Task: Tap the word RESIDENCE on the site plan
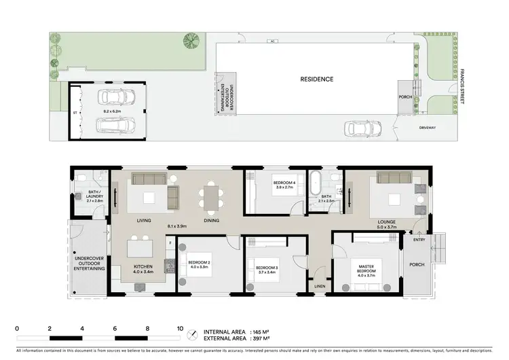pyautogui.click(x=317, y=79)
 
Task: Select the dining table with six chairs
pyautogui.click(x=210, y=198)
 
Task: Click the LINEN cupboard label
pyautogui.click(x=320, y=285)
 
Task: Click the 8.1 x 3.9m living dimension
pyautogui.click(x=178, y=225)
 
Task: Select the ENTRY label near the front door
pyautogui.click(x=418, y=239)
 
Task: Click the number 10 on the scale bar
pyautogui.click(x=180, y=328)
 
